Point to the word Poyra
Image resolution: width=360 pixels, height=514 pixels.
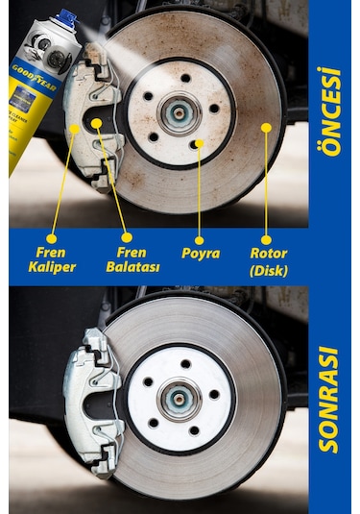pyautogui.click(x=201, y=254)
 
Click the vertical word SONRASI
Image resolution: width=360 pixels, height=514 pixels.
pyautogui.click(x=333, y=399)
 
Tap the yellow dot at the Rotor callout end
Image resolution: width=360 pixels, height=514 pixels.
pyautogui.click(x=265, y=126)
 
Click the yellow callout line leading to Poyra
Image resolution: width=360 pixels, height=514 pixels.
pyautogui.click(x=200, y=192)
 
